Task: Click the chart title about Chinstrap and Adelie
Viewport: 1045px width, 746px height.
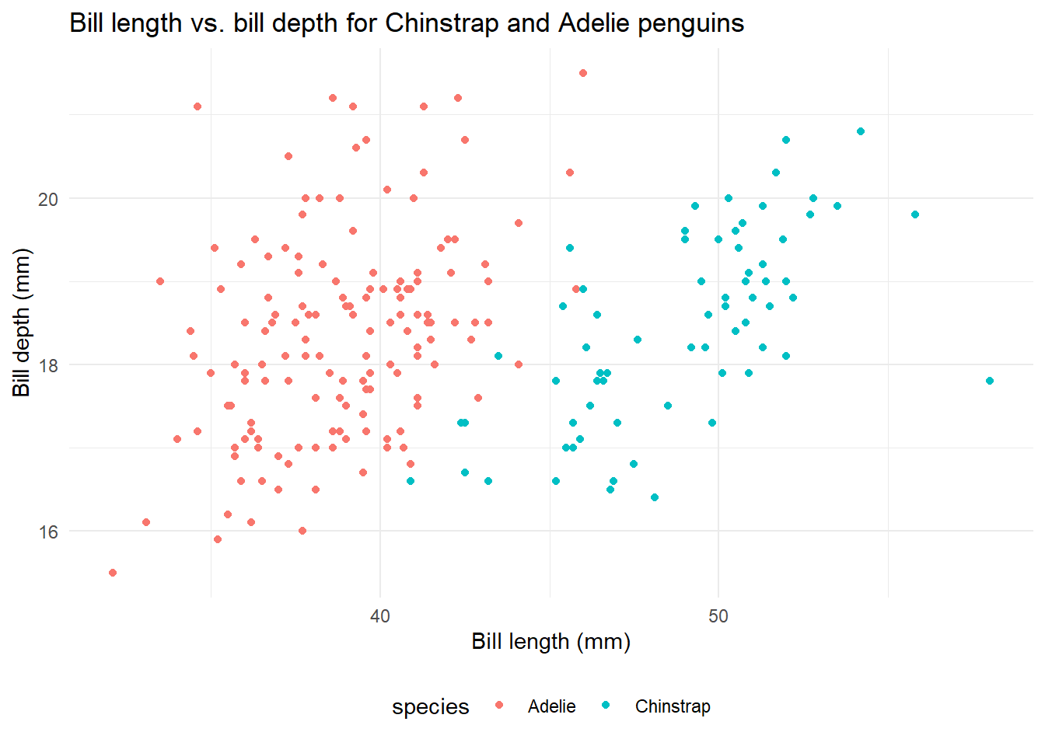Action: click(407, 23)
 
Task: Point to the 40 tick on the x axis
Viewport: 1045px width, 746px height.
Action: click(380, 616)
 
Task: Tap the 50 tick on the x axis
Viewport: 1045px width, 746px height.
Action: click(718, 616)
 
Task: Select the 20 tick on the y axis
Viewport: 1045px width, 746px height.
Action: click(48, 199)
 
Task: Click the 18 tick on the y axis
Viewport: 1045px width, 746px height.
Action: click(48, 365)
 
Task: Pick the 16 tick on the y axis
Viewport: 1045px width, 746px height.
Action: click(48, 532)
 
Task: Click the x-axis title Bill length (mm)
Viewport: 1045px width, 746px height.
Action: click(550, 642)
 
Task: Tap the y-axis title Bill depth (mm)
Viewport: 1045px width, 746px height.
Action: click(22, 322)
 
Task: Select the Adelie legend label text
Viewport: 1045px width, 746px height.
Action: click(551, 706)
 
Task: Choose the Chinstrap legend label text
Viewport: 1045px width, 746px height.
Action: click(673, 706)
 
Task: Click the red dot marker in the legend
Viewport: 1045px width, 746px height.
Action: click(499, 706)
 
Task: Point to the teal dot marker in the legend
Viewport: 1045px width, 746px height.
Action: click(606, 706)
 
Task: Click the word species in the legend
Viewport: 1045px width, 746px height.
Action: click(430, 706)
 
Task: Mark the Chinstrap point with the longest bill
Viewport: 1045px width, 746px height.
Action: click(989, 381)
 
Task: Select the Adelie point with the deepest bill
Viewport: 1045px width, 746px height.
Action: click(583, 73)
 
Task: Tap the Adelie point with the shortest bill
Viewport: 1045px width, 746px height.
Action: click(113, 573)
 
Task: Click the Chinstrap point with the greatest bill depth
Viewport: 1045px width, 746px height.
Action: click(861, 131)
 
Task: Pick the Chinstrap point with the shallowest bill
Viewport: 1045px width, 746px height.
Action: click(655, 497)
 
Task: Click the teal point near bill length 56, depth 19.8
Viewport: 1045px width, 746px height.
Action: click(915, 214)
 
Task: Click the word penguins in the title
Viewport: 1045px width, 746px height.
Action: click(690, 23)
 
